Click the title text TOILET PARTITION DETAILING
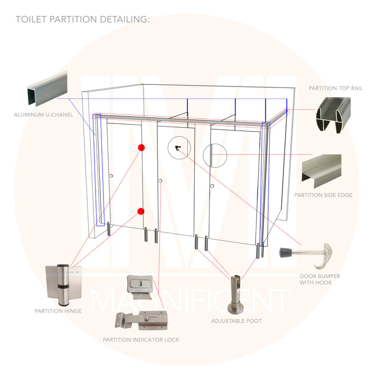point(83,20)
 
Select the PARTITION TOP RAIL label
point(336,88)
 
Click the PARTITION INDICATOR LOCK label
point(141,339)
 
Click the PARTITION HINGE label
point(58,311)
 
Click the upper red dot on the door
point(141,148)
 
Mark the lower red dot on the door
point(140,211)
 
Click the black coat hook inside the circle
point(177,148)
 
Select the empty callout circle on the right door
point(215,155)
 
